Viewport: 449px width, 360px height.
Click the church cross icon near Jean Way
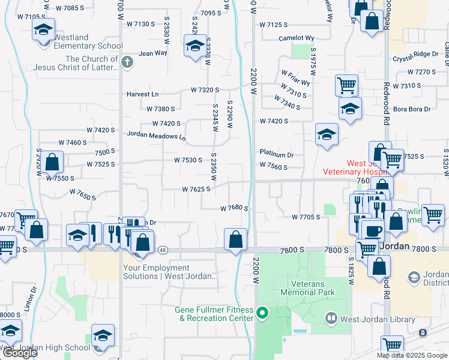(x=127, y=62)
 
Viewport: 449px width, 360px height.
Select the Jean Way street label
(x=153, y=53)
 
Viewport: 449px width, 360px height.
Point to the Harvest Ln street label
(x=142, y=94)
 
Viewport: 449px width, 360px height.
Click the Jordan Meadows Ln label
(x=156, y=136)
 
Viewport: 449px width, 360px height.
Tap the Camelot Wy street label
(x=297, y=38)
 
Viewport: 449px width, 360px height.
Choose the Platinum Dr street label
(x=276, y=154)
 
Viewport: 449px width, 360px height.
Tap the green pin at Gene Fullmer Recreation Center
(x=262, y=313)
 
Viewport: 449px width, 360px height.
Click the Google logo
(x=20, y=353)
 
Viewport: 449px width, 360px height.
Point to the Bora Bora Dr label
(x=411, y=109)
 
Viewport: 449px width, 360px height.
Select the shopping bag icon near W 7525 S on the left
(x=52, y=162)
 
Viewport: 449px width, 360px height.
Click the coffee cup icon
(x=372, y=230)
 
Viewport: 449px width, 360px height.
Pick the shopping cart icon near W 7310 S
(x=346, y=85)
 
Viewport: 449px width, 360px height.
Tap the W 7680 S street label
(x=234, y=208)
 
